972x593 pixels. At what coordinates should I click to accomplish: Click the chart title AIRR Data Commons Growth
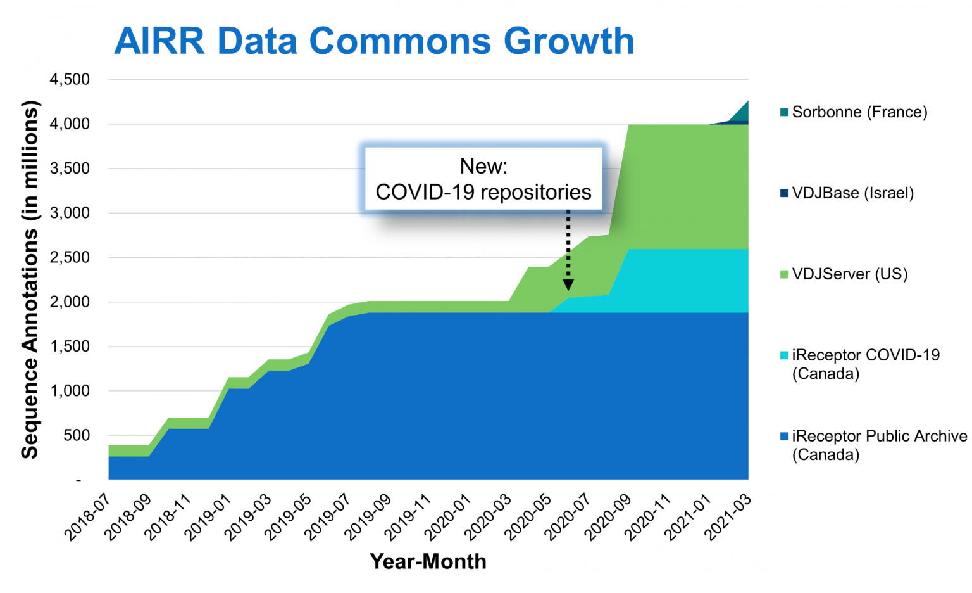coord(374,41)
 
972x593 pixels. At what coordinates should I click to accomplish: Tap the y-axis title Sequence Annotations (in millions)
coord(30,279)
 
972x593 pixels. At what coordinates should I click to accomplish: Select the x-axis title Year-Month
coord(428,561)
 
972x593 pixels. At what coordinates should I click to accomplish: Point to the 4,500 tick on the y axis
coord(70,79)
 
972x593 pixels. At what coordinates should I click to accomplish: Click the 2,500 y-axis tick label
coord(70,257)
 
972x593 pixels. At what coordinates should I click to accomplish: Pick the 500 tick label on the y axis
coord(77,435)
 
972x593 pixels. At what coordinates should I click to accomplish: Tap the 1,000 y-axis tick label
coord(70,391)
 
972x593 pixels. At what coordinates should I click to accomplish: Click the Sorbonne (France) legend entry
coord(859,112)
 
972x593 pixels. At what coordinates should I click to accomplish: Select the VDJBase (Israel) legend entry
coord(852,193)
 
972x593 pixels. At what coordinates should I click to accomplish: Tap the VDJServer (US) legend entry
coord(849,274)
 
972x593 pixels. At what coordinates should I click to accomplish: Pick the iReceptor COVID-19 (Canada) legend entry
coord(865,364)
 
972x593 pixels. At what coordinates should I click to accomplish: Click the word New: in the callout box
coord(483,166)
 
